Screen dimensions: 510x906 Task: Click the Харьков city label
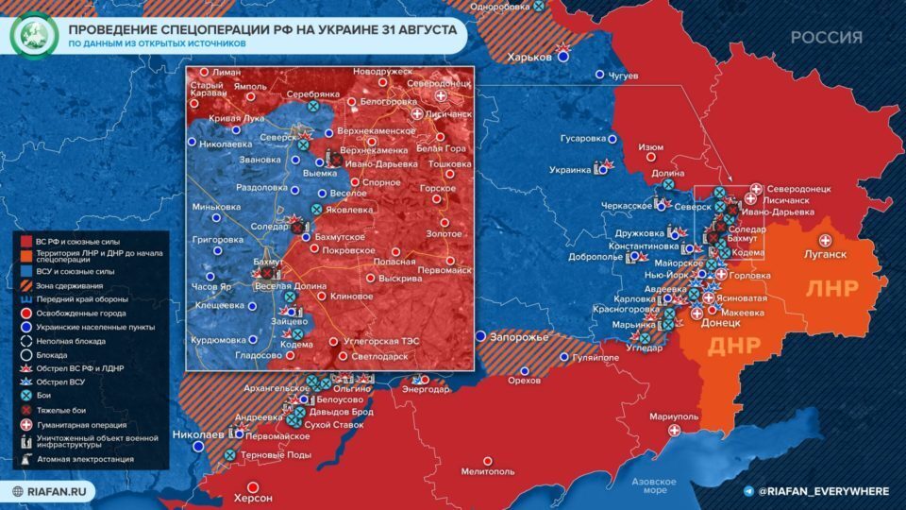click(528, 57)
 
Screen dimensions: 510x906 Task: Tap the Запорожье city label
click(518, 337)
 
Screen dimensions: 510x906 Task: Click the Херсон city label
click(252, 498)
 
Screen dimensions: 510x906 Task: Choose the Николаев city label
click(197, 435)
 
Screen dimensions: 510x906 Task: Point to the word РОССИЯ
click(826, 38)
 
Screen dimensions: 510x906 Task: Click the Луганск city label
click(826, 254)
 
